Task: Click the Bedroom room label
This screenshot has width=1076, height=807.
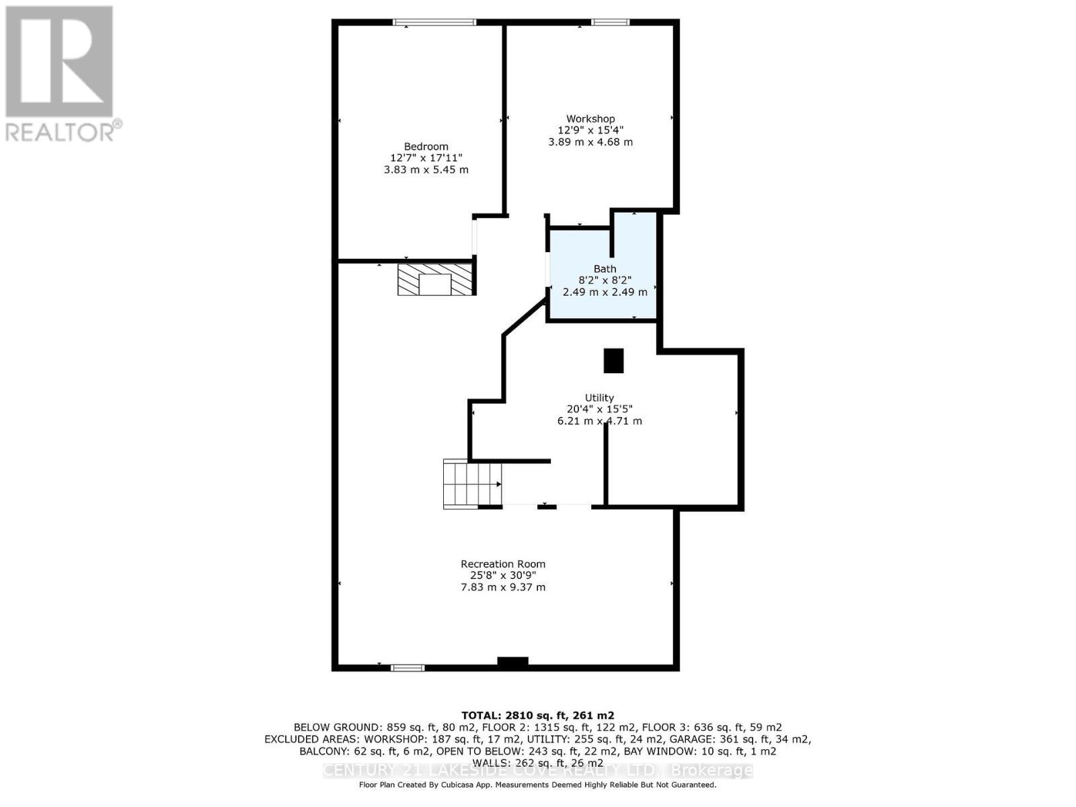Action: point(426,147)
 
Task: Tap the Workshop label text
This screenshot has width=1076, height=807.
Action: point(590,119)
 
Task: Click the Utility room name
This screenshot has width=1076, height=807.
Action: point(599,397)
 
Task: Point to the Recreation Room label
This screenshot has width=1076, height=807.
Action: point(502,564)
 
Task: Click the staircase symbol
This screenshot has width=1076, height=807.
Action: point(471,484)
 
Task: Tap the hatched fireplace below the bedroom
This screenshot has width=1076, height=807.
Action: point(434,279)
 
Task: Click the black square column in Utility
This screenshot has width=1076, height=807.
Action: point(613,360)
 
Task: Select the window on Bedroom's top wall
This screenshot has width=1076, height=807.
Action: point(434,23)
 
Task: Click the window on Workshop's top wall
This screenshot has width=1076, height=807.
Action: point(610,23)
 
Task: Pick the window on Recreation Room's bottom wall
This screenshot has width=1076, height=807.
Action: point(408,668)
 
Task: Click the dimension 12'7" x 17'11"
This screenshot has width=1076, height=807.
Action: point(426,158)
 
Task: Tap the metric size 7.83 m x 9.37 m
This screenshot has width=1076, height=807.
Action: point(502,587)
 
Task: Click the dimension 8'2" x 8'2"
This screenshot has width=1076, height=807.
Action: point(605,280)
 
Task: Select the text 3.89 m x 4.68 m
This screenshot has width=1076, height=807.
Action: point(590,142)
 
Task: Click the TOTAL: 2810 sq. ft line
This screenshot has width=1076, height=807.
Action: point(537,716)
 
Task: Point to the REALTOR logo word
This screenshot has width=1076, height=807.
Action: point(63,131)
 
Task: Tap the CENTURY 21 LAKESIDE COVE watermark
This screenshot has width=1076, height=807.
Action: point(537,771)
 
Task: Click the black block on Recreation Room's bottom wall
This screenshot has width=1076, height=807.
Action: point(512,662)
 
